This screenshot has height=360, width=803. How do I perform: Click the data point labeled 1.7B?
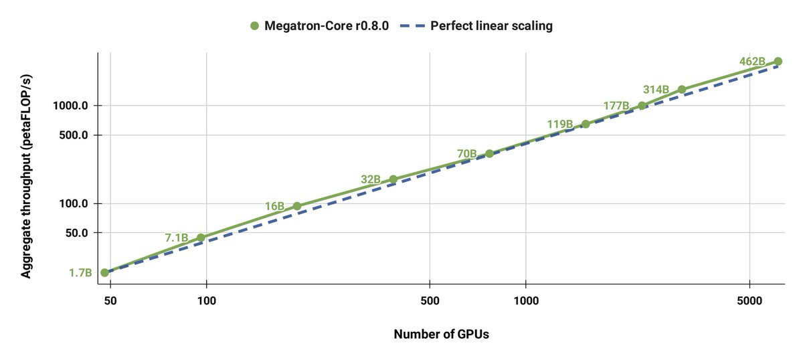click(x=104, y=273)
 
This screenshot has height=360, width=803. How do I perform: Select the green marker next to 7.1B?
click(x=201, y=238)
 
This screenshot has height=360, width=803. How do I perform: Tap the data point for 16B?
click(x=297, y=206)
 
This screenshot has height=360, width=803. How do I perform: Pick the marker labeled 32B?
click(x=393, y=179)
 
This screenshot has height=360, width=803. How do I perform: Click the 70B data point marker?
click(x=489, y=154)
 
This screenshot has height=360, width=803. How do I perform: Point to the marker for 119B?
click(x=586, y=124)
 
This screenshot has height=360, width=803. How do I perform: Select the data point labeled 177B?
click(x=642, y=106)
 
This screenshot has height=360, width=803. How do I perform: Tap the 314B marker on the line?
click(x=682, y=90)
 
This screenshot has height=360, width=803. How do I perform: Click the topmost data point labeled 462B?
click(x=778, y=62)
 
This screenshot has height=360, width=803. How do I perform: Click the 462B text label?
click(x=752, y=62)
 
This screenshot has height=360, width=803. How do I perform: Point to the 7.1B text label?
click(x=177, y=238)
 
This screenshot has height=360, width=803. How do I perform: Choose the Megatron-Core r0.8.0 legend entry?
click(x=319, y=26)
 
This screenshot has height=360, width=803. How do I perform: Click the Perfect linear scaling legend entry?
click(x=476, y=26)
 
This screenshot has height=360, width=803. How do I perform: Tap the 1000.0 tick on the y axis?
click(x=70, y=106)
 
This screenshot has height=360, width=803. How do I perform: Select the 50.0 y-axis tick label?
click(x=76, y=233)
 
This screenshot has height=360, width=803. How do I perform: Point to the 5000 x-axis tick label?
click(x=749, y=300)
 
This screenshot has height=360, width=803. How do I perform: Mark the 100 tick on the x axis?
click(x=207, y=300)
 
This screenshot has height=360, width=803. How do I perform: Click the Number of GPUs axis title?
click(x=441, y=334)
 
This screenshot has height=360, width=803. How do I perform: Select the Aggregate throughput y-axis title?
click(x=26, y=177)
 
